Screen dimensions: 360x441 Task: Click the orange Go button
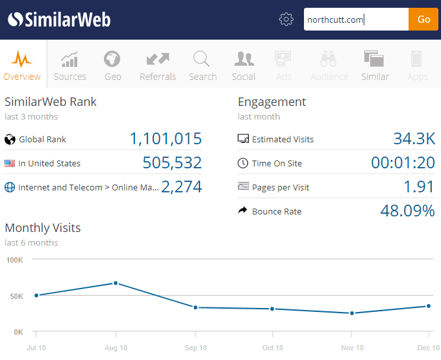tap(423, 19)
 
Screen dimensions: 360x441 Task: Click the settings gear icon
tap(286, 19)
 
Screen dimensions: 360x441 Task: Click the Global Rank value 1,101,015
tap(166, 139)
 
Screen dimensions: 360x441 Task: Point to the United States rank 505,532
tap(172, 163)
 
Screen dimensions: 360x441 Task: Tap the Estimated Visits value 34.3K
tap(414, 139)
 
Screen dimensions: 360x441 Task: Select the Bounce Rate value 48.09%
tap(407, 211)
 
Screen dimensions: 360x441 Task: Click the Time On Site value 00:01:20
tap(403, 163)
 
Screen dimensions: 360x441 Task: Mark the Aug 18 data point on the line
tap(116, 283)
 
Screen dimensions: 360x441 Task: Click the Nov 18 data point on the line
tap(352, 313)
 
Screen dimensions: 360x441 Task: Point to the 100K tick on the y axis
tap(14, 260)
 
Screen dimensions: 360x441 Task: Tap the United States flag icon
tap(10, 164)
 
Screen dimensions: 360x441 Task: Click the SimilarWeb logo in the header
tap(59, 19)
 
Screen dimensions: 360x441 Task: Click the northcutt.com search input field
tap(355, 19)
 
